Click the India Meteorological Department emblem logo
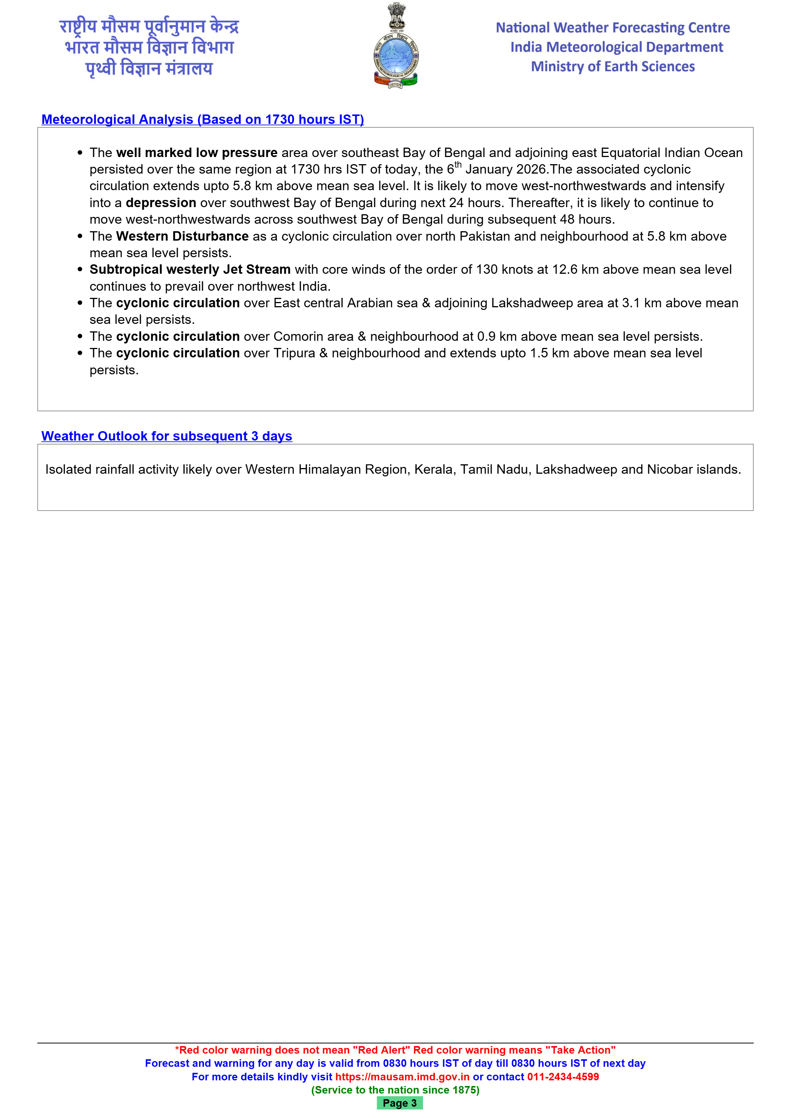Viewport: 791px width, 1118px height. pos(395,46)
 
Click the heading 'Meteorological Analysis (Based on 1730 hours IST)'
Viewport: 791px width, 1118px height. pos(203,119)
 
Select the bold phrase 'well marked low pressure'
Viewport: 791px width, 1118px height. pos(197,153)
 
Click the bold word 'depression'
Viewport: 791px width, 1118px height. pos(161,203)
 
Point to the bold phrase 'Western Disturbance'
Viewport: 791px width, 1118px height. pos(182,236)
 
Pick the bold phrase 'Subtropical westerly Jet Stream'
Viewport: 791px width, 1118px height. pos(190,269)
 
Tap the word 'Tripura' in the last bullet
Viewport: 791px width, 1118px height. pos(294,353)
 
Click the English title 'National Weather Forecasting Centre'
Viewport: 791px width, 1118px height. pos(613,28)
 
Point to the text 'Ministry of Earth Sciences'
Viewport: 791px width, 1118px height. pos(613,67)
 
